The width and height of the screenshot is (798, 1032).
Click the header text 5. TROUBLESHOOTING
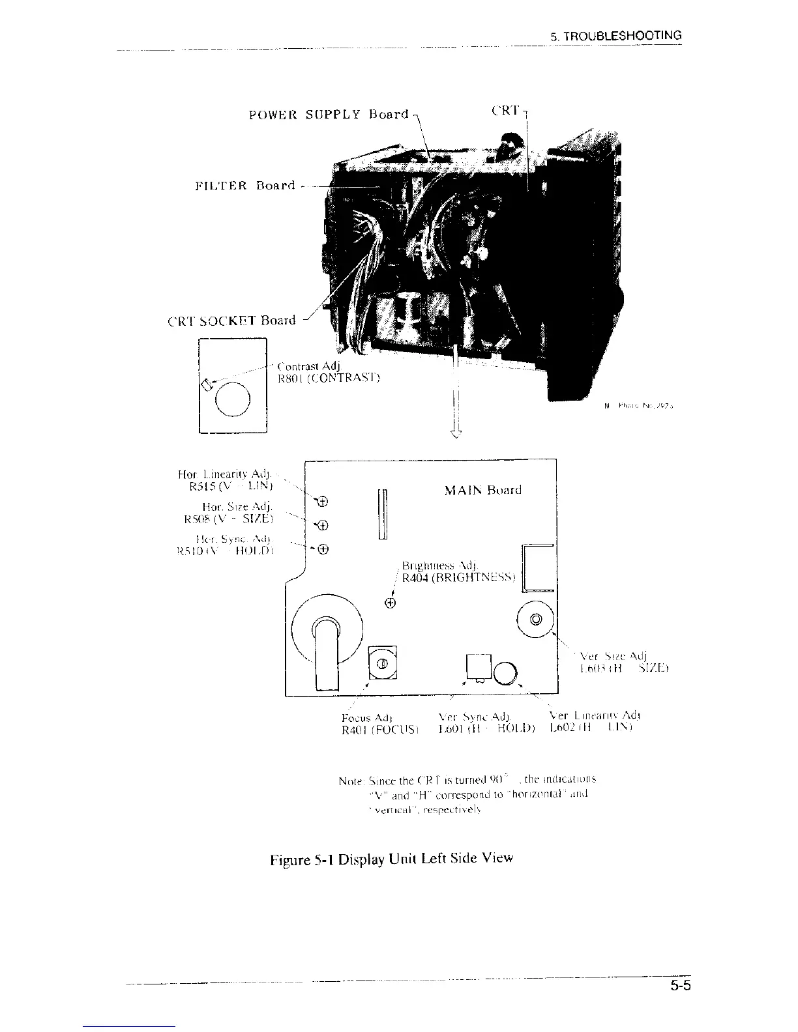click(x=615, y=36)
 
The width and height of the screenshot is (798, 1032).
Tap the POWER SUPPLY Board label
click(x=329, y=115)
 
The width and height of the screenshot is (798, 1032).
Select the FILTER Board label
click(x=245, y=186)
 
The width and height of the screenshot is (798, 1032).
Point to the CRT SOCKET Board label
click(x=231, y=321)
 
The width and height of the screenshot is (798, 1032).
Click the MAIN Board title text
click(x=483, y=490)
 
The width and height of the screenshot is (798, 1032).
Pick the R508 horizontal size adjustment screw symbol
click(x=322, y=525)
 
